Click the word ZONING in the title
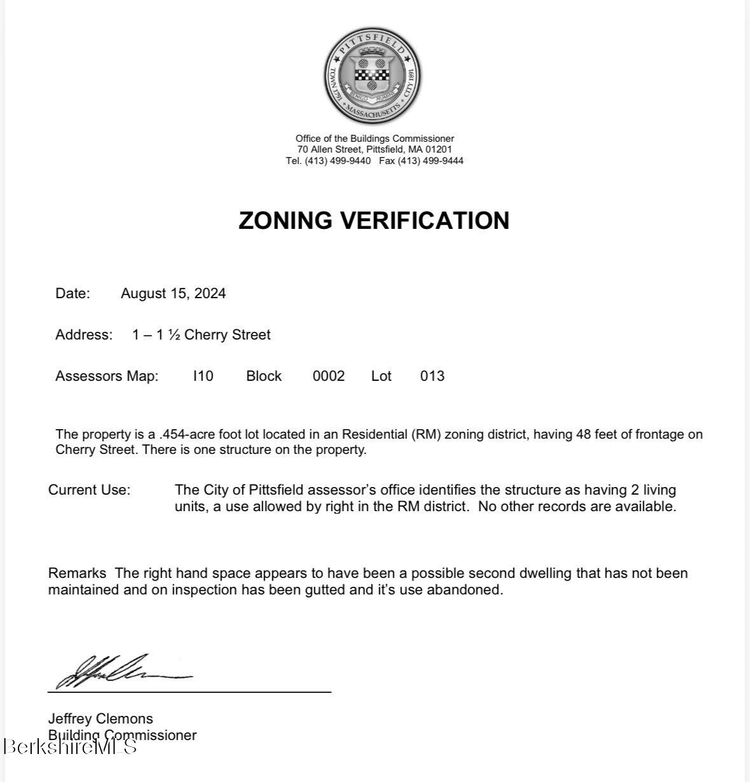tap(286, 221)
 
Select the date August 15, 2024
tap(173, 293)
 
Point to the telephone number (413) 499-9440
tap(337, 161)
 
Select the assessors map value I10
tap(203, 376)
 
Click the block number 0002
tap(328, 376)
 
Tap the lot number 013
tap(432, 376)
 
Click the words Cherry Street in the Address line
tap(227, 334)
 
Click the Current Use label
tap(89, 490)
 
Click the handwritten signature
tap(121, 671)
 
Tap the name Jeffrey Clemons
tap(101, 718)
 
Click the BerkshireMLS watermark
tap(69, 746)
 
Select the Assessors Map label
tap(107, 376)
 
